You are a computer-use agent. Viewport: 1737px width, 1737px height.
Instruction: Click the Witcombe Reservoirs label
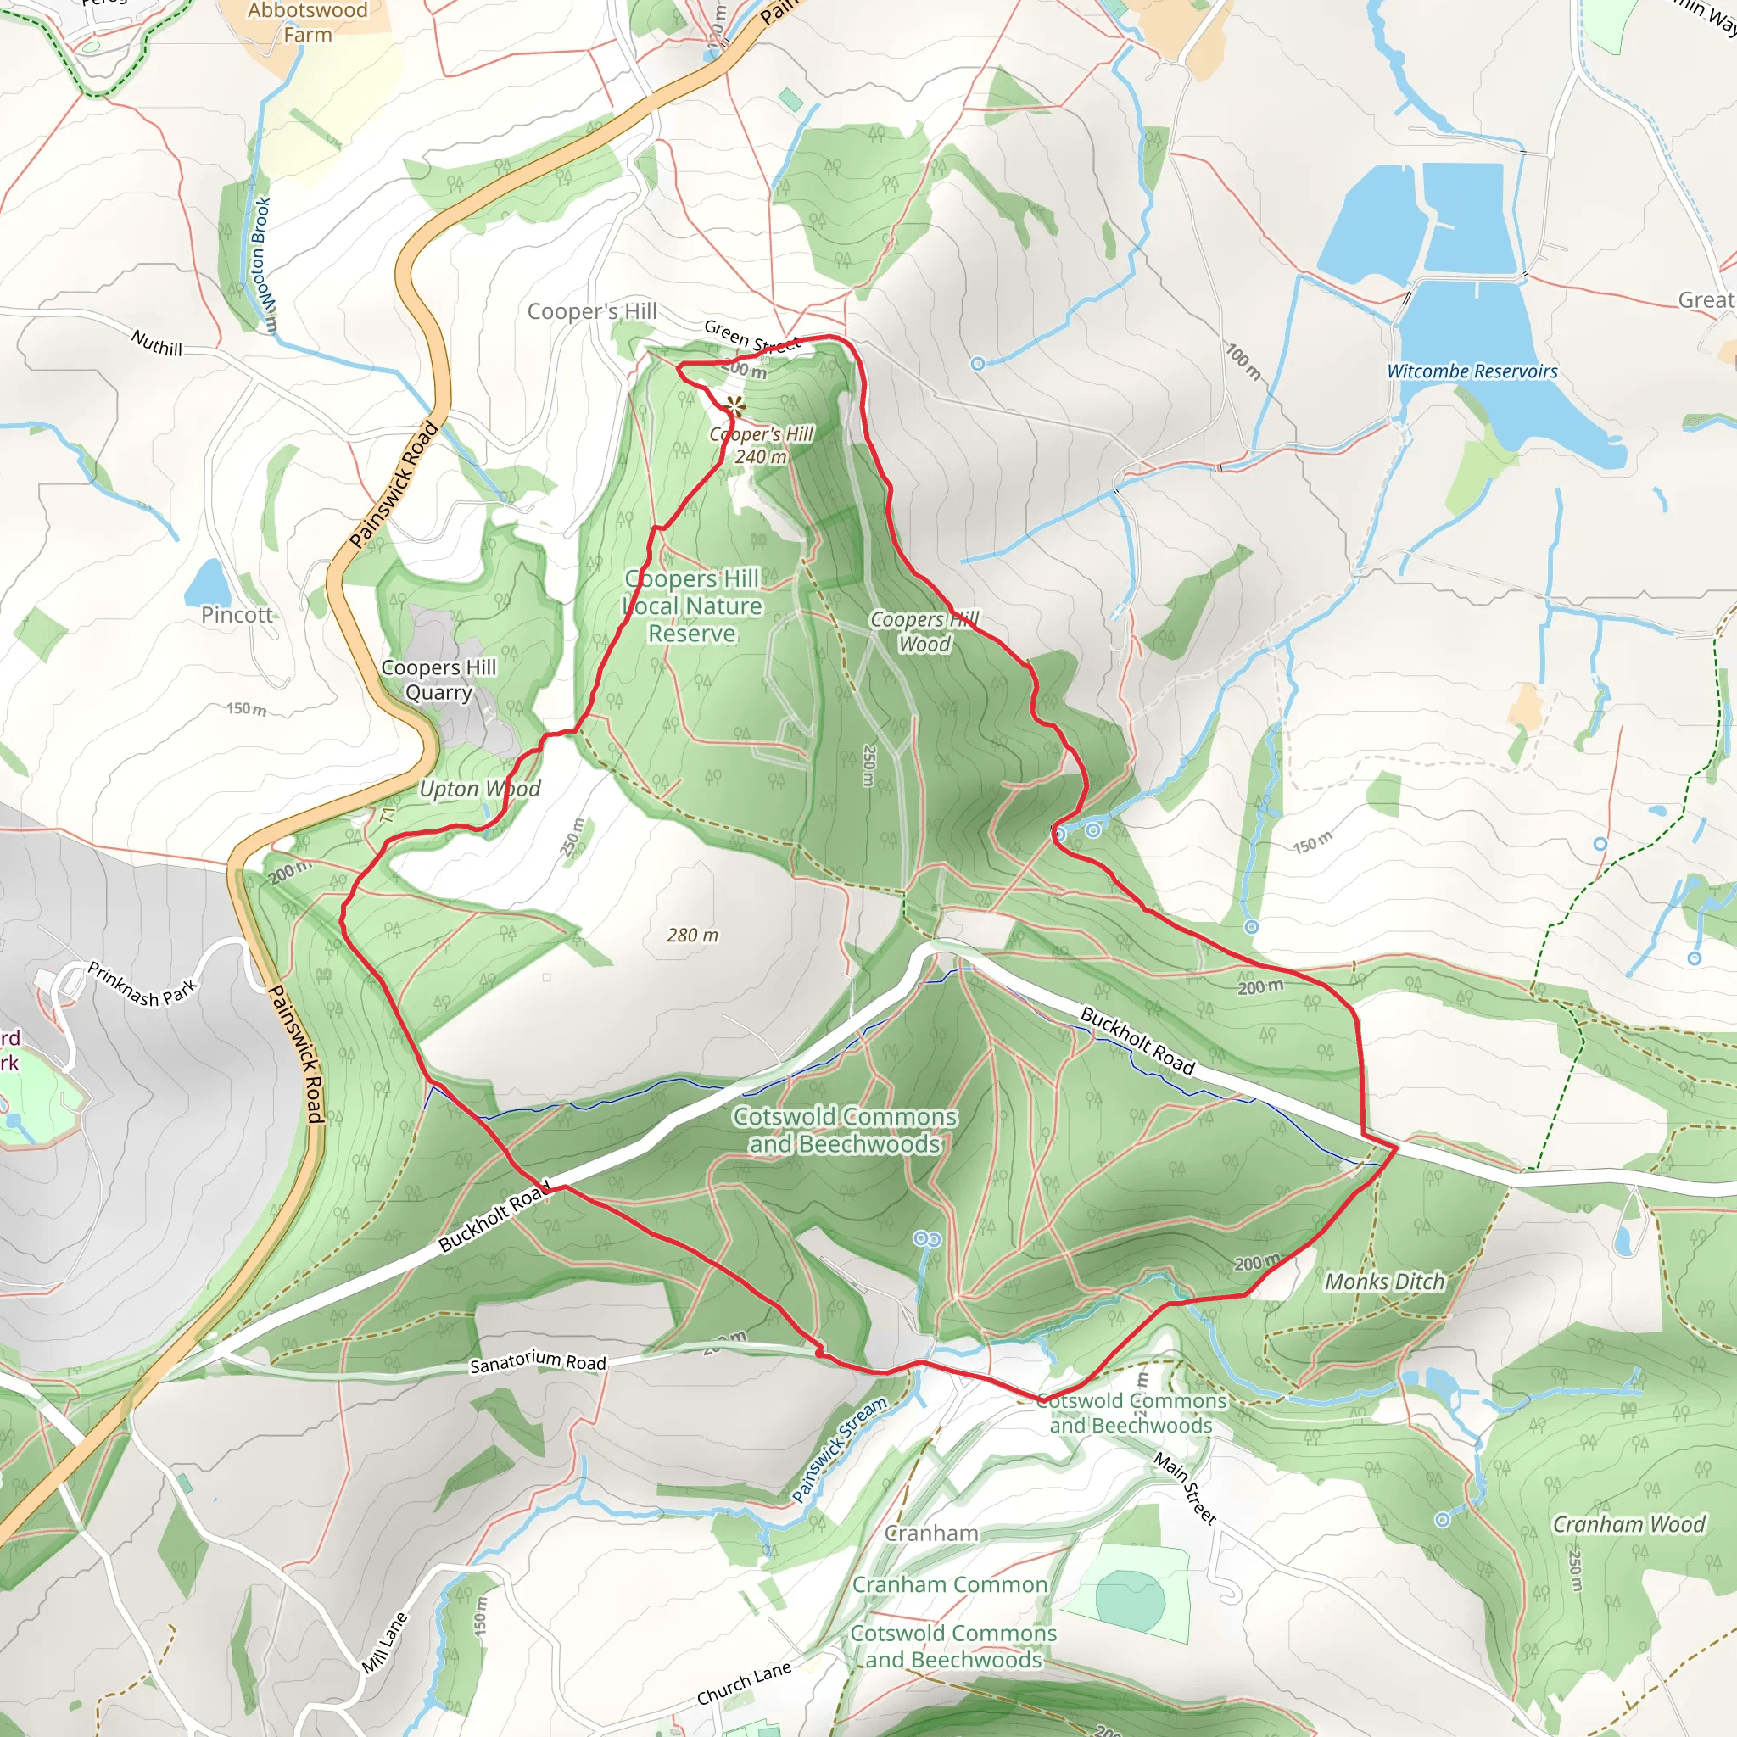(1471, 371)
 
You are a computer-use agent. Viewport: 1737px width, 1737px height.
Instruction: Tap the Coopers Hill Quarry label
(438, 679)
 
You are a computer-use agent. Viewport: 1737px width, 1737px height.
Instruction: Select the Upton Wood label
(479, 789)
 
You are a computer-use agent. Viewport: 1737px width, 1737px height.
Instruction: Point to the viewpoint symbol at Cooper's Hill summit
(735, 406)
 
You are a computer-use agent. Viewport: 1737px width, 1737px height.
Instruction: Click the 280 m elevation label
(692, 935)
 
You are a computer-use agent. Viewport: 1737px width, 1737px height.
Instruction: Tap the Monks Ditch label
(1384, 1282)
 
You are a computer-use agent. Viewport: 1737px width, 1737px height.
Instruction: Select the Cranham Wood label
(1628, 1524)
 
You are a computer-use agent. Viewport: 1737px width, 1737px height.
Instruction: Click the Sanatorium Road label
(538, 1362)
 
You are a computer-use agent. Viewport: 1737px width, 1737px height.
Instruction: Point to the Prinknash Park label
(142, 984)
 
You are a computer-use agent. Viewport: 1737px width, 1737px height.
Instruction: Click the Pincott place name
(237, 615)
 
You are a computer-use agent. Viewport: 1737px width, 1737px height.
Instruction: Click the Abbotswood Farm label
(308, 23)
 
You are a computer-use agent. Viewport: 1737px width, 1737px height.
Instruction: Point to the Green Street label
(751, 338)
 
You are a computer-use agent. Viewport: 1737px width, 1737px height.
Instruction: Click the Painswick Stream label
(839, 1449)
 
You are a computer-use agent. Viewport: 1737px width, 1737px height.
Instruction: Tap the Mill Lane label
(385, 1643)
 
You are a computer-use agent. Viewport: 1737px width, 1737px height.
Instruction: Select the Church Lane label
(744, 1682)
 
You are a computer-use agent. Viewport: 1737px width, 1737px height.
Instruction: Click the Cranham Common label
(949, 1584)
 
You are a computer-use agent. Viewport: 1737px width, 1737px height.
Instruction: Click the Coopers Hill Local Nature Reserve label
(692, 606)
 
